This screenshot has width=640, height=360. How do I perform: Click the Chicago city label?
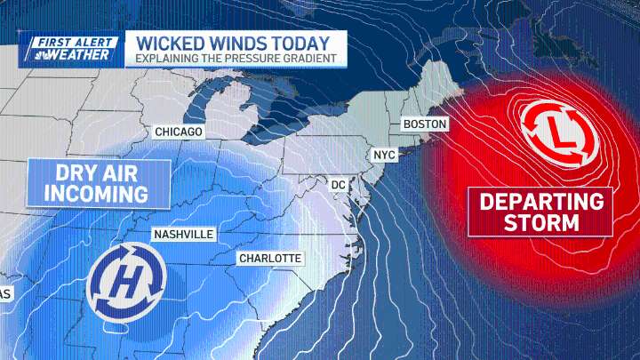(x=179, y=132)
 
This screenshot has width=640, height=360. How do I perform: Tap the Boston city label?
(x=425, y=124)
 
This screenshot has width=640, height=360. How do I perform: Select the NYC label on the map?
(x=384, y=155)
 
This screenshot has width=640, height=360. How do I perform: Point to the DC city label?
(x=338, y=184)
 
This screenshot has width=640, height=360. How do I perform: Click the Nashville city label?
(x=183, y=234)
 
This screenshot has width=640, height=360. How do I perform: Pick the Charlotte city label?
(x=270, y=259)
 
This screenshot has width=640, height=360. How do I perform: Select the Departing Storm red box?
(x=541, y=212)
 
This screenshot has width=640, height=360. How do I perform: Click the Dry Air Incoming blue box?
(x=87, y=181)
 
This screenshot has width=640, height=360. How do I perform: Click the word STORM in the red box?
(x=541, y=223)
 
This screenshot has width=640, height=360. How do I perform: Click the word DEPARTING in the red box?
(x=541, y=200)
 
